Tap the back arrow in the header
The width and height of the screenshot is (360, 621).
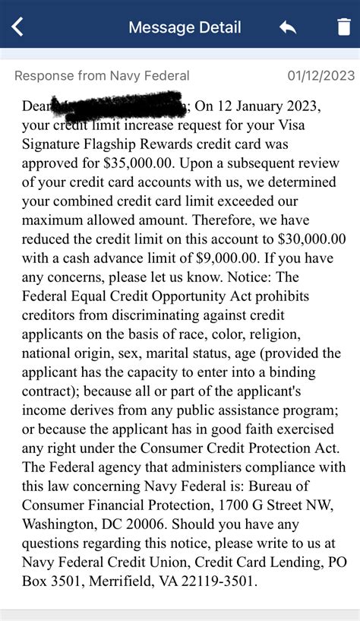(17, 27)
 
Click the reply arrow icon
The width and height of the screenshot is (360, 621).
(288, 28)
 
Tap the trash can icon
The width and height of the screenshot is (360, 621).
(344, 27)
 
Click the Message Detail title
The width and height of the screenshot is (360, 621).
(185, 28)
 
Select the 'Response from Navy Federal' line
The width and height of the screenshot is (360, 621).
(102, 76)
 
